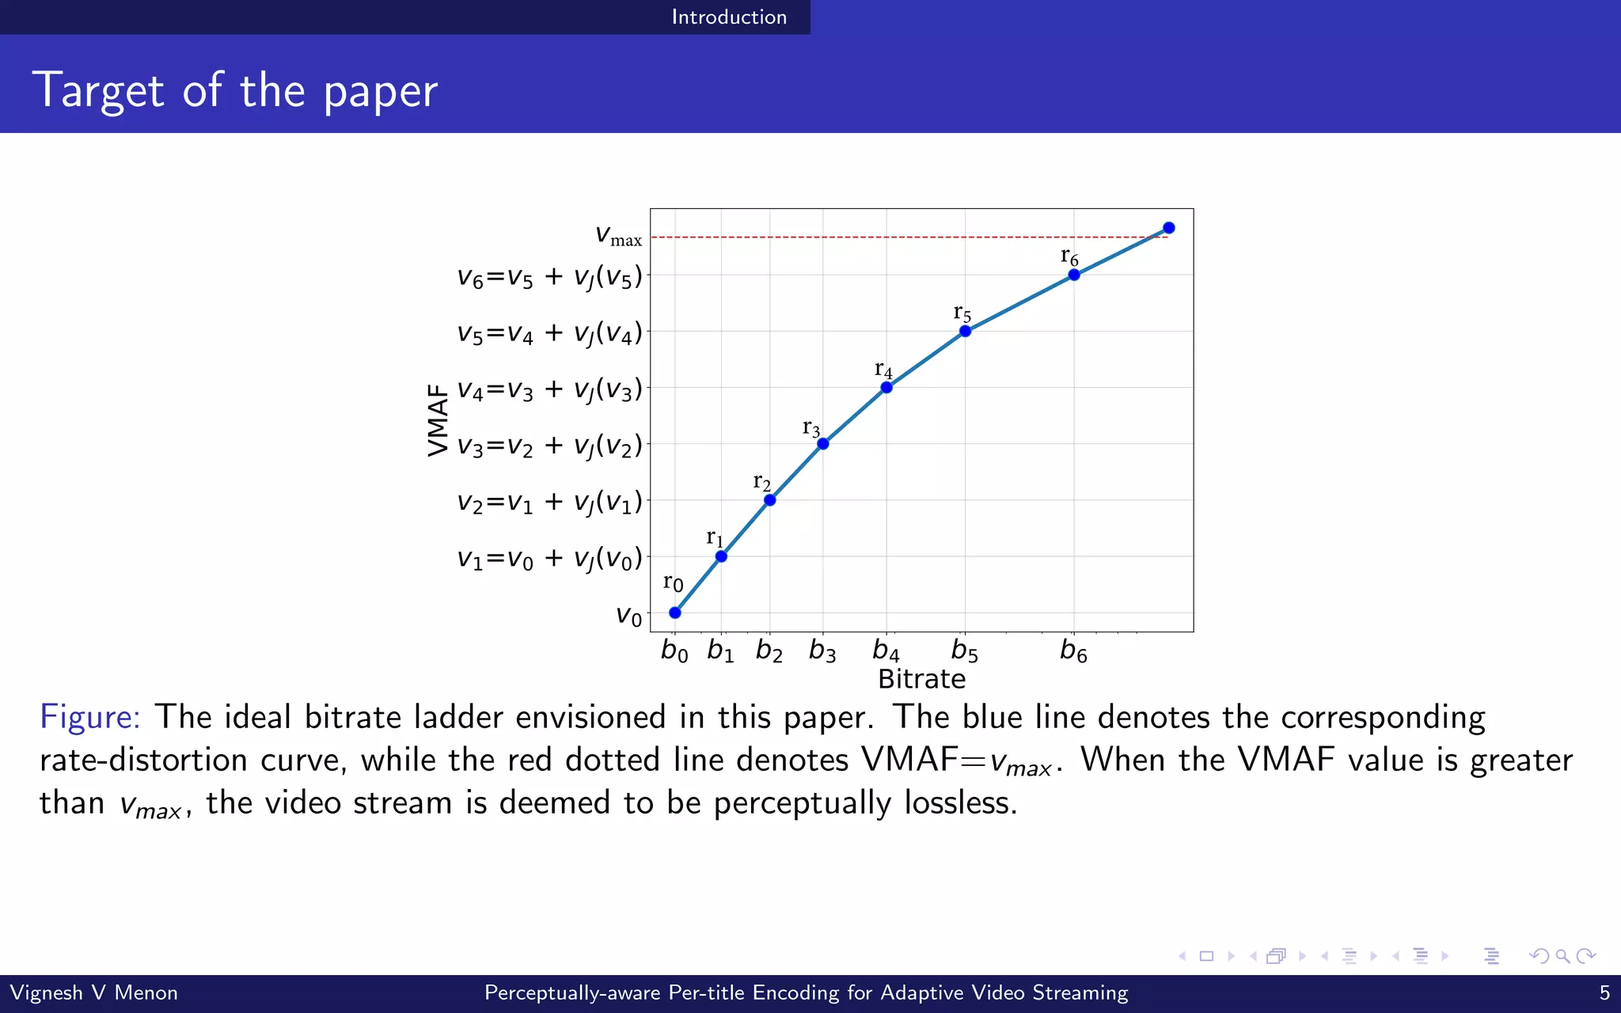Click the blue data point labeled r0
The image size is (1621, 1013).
674,613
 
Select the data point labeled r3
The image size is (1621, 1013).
823,444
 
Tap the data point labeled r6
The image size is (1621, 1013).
1074,275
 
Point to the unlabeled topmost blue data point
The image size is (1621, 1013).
1169,228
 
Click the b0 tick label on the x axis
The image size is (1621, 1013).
674,651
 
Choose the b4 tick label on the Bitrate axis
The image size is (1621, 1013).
886,651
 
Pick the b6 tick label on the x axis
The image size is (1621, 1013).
1073,651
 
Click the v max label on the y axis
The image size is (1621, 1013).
618,235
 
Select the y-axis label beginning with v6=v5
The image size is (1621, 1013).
549,277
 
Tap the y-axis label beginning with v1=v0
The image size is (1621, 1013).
549,559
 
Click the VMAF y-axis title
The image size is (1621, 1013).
438,420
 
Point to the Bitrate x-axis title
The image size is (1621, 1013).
921,679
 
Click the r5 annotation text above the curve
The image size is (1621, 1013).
962,313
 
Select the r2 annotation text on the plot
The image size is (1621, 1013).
761,482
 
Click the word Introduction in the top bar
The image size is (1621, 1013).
729,17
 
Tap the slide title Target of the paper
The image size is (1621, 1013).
234,89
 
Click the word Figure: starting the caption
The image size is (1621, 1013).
90,717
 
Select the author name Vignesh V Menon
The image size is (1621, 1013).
93,992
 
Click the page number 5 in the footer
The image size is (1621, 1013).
1604,992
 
